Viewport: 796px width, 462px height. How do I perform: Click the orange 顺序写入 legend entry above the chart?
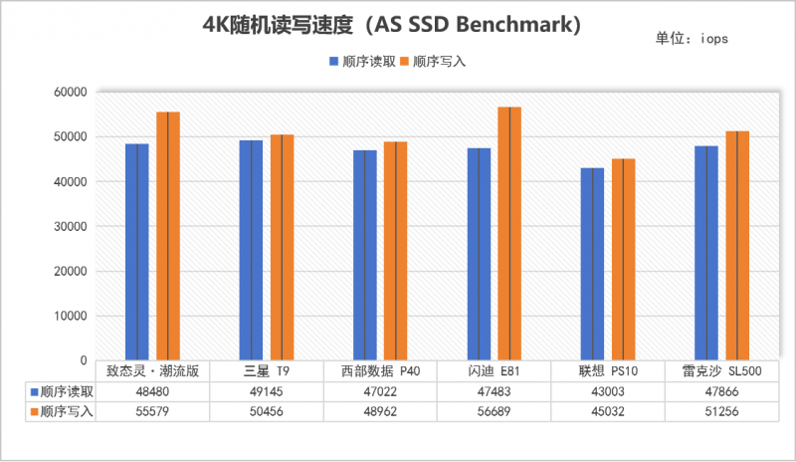click(431, 62)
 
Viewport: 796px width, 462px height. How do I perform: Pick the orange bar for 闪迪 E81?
click(509, 233)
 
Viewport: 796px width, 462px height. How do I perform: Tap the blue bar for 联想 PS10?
click(592, 264)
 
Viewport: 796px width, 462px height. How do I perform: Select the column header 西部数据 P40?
click(380, 371)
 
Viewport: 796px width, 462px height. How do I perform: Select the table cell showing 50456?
click(267, 412)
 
